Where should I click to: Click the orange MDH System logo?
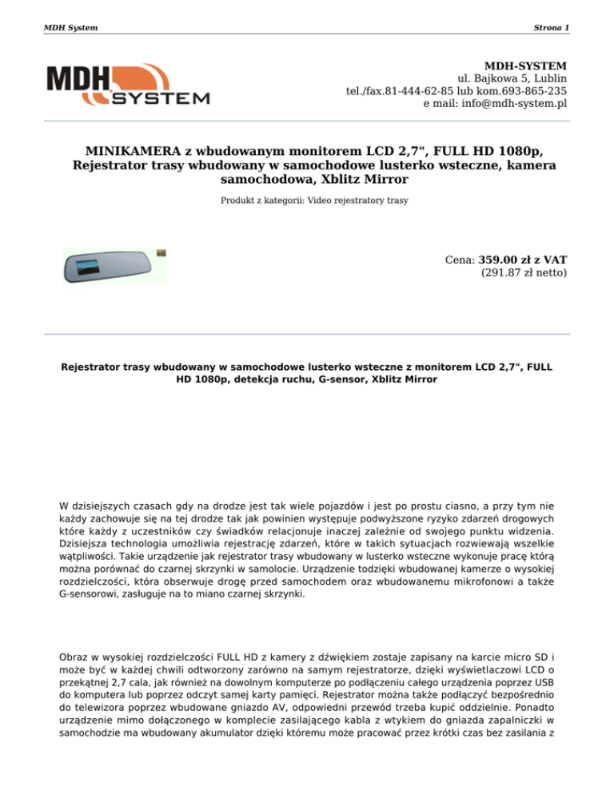[x=128, y=85]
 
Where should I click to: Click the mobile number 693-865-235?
[x=532, y=91]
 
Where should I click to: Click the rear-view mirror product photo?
[x=114, y=265]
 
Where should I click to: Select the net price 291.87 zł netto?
[x=524, y=274]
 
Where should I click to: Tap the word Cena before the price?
[x=459, y=260]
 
